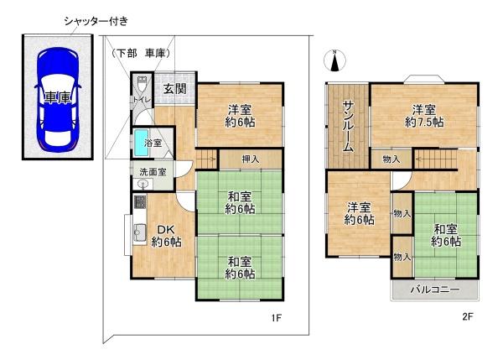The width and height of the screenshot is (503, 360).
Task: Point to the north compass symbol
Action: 334,60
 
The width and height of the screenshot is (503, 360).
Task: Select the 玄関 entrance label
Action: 175,90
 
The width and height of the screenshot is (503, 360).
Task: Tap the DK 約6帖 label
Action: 164,237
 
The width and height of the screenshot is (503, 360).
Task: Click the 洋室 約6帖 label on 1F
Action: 241,115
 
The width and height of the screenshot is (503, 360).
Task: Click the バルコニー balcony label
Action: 434,290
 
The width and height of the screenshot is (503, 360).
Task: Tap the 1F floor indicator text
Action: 274,318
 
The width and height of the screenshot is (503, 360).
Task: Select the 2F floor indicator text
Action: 467,317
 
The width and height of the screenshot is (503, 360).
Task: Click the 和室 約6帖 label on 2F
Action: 446,235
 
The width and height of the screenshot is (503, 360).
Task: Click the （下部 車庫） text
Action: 142,53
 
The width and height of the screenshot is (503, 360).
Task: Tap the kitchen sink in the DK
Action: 140,232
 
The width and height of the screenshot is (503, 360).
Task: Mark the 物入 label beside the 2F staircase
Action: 391,158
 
